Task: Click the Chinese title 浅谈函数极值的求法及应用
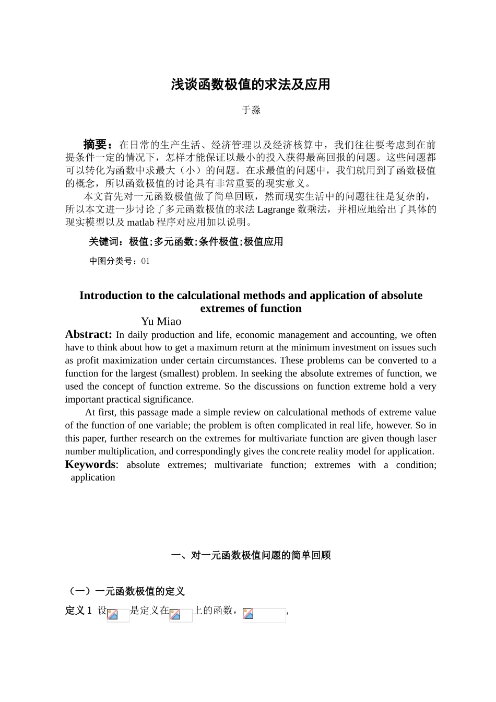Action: [x=251, y=85]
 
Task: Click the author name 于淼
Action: [x=251, y=110]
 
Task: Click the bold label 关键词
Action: [x=106, y=242]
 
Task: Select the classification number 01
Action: [x=146, y=261]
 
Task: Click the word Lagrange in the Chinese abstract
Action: [x=276, y=209]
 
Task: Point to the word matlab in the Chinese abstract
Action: [x=140, y=223]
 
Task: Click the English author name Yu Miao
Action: [x=161, y=322]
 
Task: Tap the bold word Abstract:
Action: [x=88, y=334]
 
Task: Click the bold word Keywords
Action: [x=90, y=464]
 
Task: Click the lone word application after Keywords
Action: [x=93, y=477]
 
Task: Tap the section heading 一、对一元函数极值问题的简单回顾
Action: [x=251, y=556]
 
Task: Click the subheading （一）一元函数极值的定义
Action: [x=125, y=591]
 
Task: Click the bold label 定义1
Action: [x=79, y=611]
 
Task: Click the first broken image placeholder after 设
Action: [x=118, y=615]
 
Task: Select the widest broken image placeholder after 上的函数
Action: [x=264, y=615]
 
